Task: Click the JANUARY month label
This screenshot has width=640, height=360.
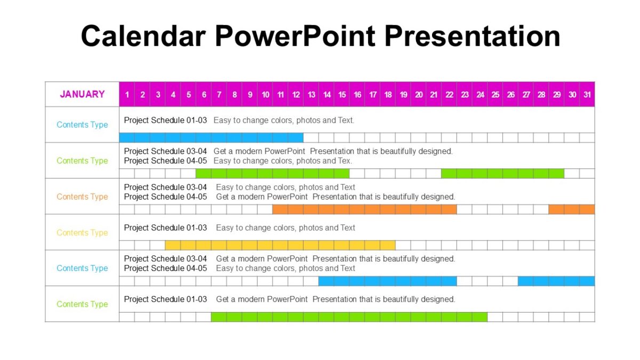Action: click(82, 94)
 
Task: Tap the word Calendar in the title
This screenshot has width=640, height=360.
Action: click(143, 36)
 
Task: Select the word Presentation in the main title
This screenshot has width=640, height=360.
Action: click(472, 36)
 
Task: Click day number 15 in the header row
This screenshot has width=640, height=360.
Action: click(342, 95)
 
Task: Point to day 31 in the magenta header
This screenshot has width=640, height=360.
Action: click(587, 95)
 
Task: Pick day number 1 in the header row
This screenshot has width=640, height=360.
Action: click(127, 95)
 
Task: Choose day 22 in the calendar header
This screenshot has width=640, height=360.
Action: click(450, 95)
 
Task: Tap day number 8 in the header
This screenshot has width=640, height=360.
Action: click(234, 95)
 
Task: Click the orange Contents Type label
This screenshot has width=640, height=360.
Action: click(82, 197)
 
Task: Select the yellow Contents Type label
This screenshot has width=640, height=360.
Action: click(82, 233)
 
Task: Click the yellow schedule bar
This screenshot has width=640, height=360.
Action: click(280, 245)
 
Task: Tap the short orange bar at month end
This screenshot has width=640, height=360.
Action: click(572, 210)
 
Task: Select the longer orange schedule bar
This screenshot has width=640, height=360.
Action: click(364, 210)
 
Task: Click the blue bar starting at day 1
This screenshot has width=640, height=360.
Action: click(211, 138)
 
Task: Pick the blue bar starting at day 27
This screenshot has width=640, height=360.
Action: click(556, 281)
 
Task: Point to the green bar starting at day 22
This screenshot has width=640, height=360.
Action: click(502, 173)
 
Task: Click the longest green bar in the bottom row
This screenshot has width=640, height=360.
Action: click(349, 317)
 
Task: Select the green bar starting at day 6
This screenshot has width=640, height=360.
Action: click(273, 173)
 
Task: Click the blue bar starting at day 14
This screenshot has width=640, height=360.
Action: click(388, 281)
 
